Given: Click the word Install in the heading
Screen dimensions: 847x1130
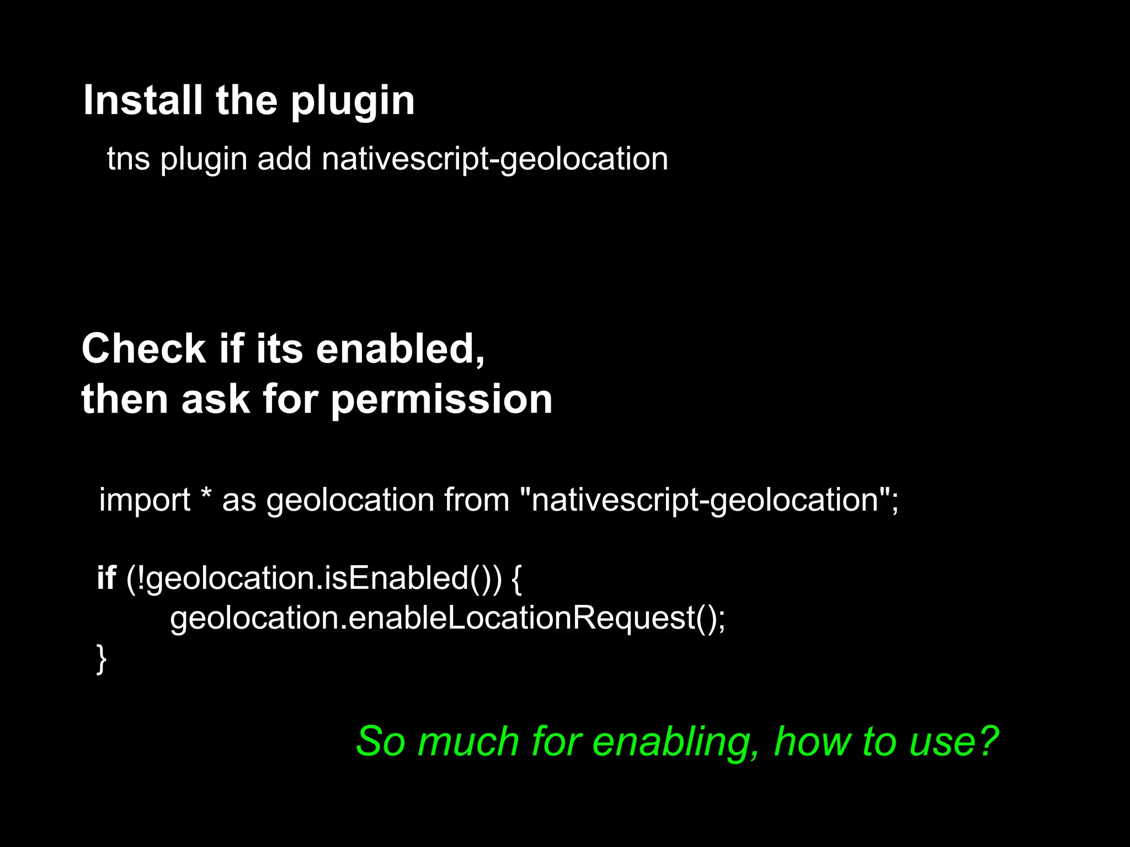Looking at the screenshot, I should coord(142,100).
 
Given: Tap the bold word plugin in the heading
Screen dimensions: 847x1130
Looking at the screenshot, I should coord(353,103).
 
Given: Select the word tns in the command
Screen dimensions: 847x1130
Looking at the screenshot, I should coord(129,159).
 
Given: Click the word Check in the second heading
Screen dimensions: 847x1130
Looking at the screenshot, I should coord(143,349).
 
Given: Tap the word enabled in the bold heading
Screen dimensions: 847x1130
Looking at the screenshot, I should coord(400,349).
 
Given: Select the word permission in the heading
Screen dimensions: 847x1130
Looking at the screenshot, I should coord(441,400).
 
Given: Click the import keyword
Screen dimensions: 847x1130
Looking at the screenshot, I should coord(145,500).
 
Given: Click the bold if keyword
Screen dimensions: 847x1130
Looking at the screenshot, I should coord(106,578).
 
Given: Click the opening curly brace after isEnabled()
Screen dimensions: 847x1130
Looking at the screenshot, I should coord(516,579).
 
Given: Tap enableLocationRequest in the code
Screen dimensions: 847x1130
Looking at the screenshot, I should coord(521,618).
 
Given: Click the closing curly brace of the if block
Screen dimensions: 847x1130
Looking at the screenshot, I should coord(102,658).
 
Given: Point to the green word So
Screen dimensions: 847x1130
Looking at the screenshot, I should coord(381,742).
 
